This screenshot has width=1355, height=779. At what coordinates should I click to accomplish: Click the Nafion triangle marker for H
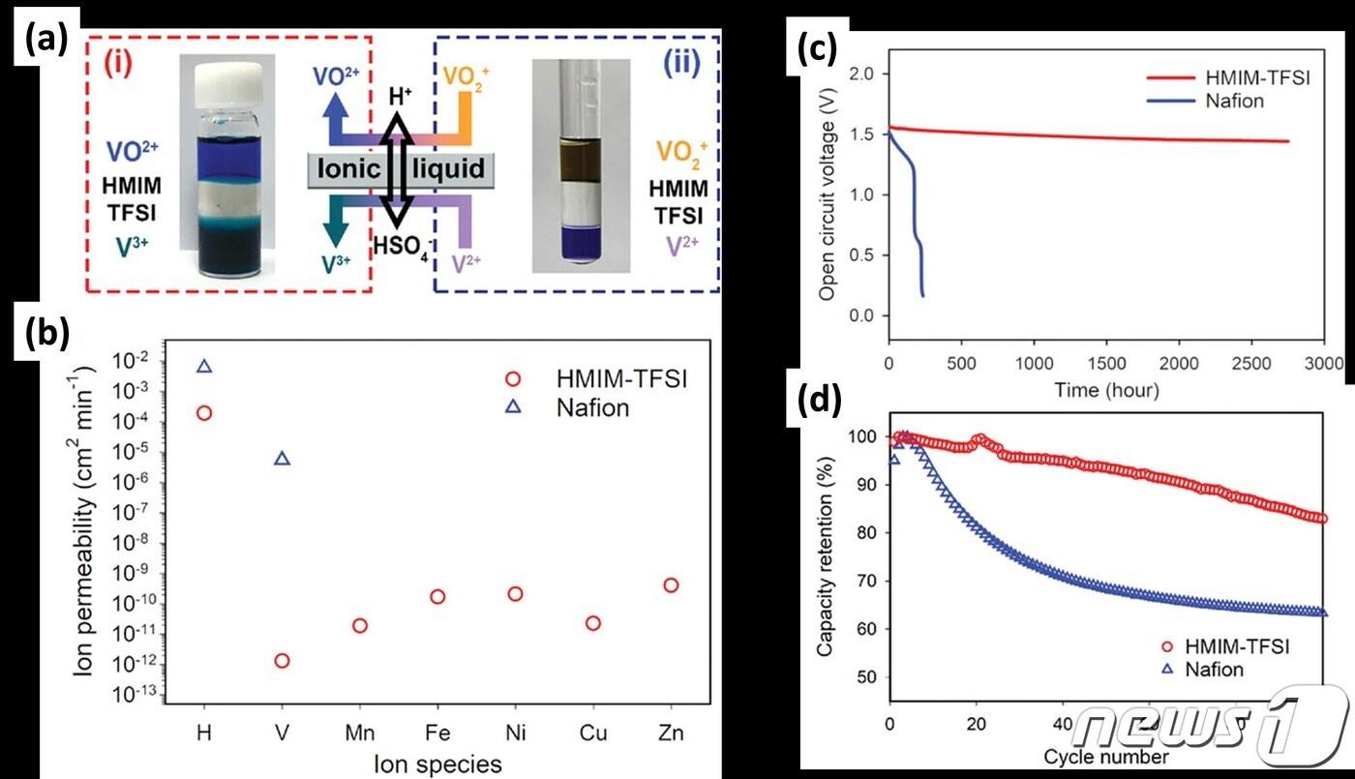[x=204, y=366]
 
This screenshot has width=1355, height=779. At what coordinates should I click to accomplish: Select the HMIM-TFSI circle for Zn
[x=671, y=584]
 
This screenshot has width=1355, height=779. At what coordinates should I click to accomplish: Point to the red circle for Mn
[x=360, y=625]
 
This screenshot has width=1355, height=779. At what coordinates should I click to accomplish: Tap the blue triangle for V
[x=282, y=458]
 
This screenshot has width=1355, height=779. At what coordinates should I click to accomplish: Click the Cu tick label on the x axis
[x=593, y=733]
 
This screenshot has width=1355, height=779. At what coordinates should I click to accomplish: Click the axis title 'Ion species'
[x=437, y=764]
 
